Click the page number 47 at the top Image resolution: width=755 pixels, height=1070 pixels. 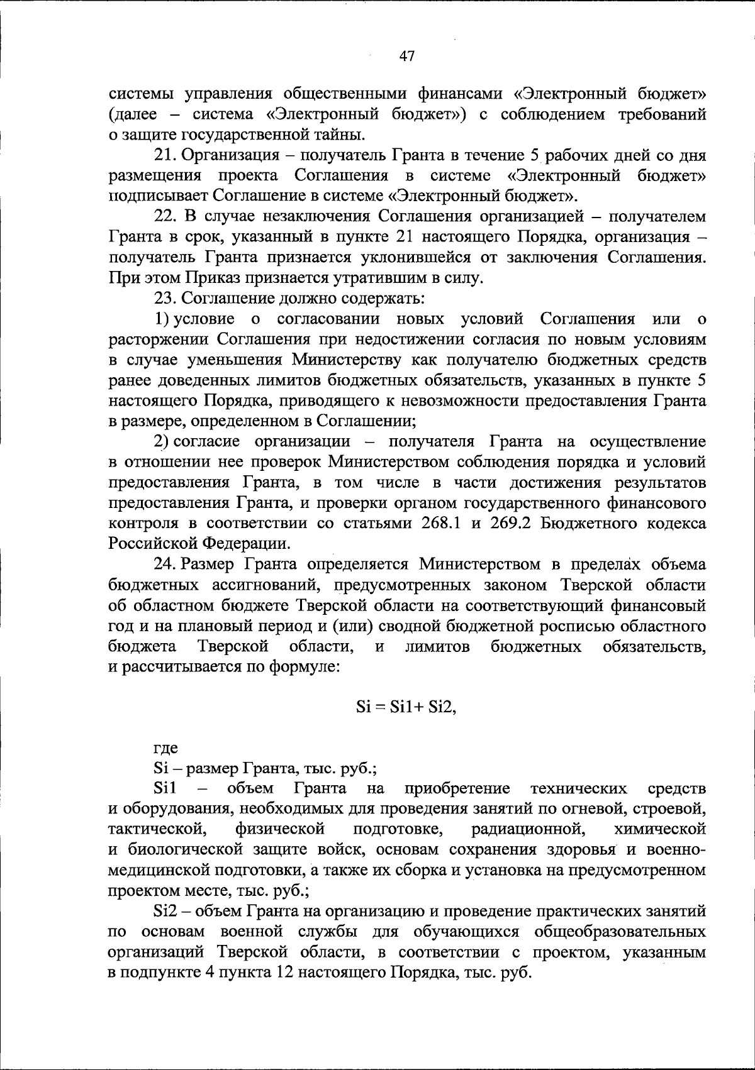click(407, 57)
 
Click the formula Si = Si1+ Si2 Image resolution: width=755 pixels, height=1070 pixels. click(406, 707)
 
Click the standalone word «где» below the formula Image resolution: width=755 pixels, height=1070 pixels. click(166, 747)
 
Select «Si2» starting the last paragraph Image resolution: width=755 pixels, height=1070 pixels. click(165, 911)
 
